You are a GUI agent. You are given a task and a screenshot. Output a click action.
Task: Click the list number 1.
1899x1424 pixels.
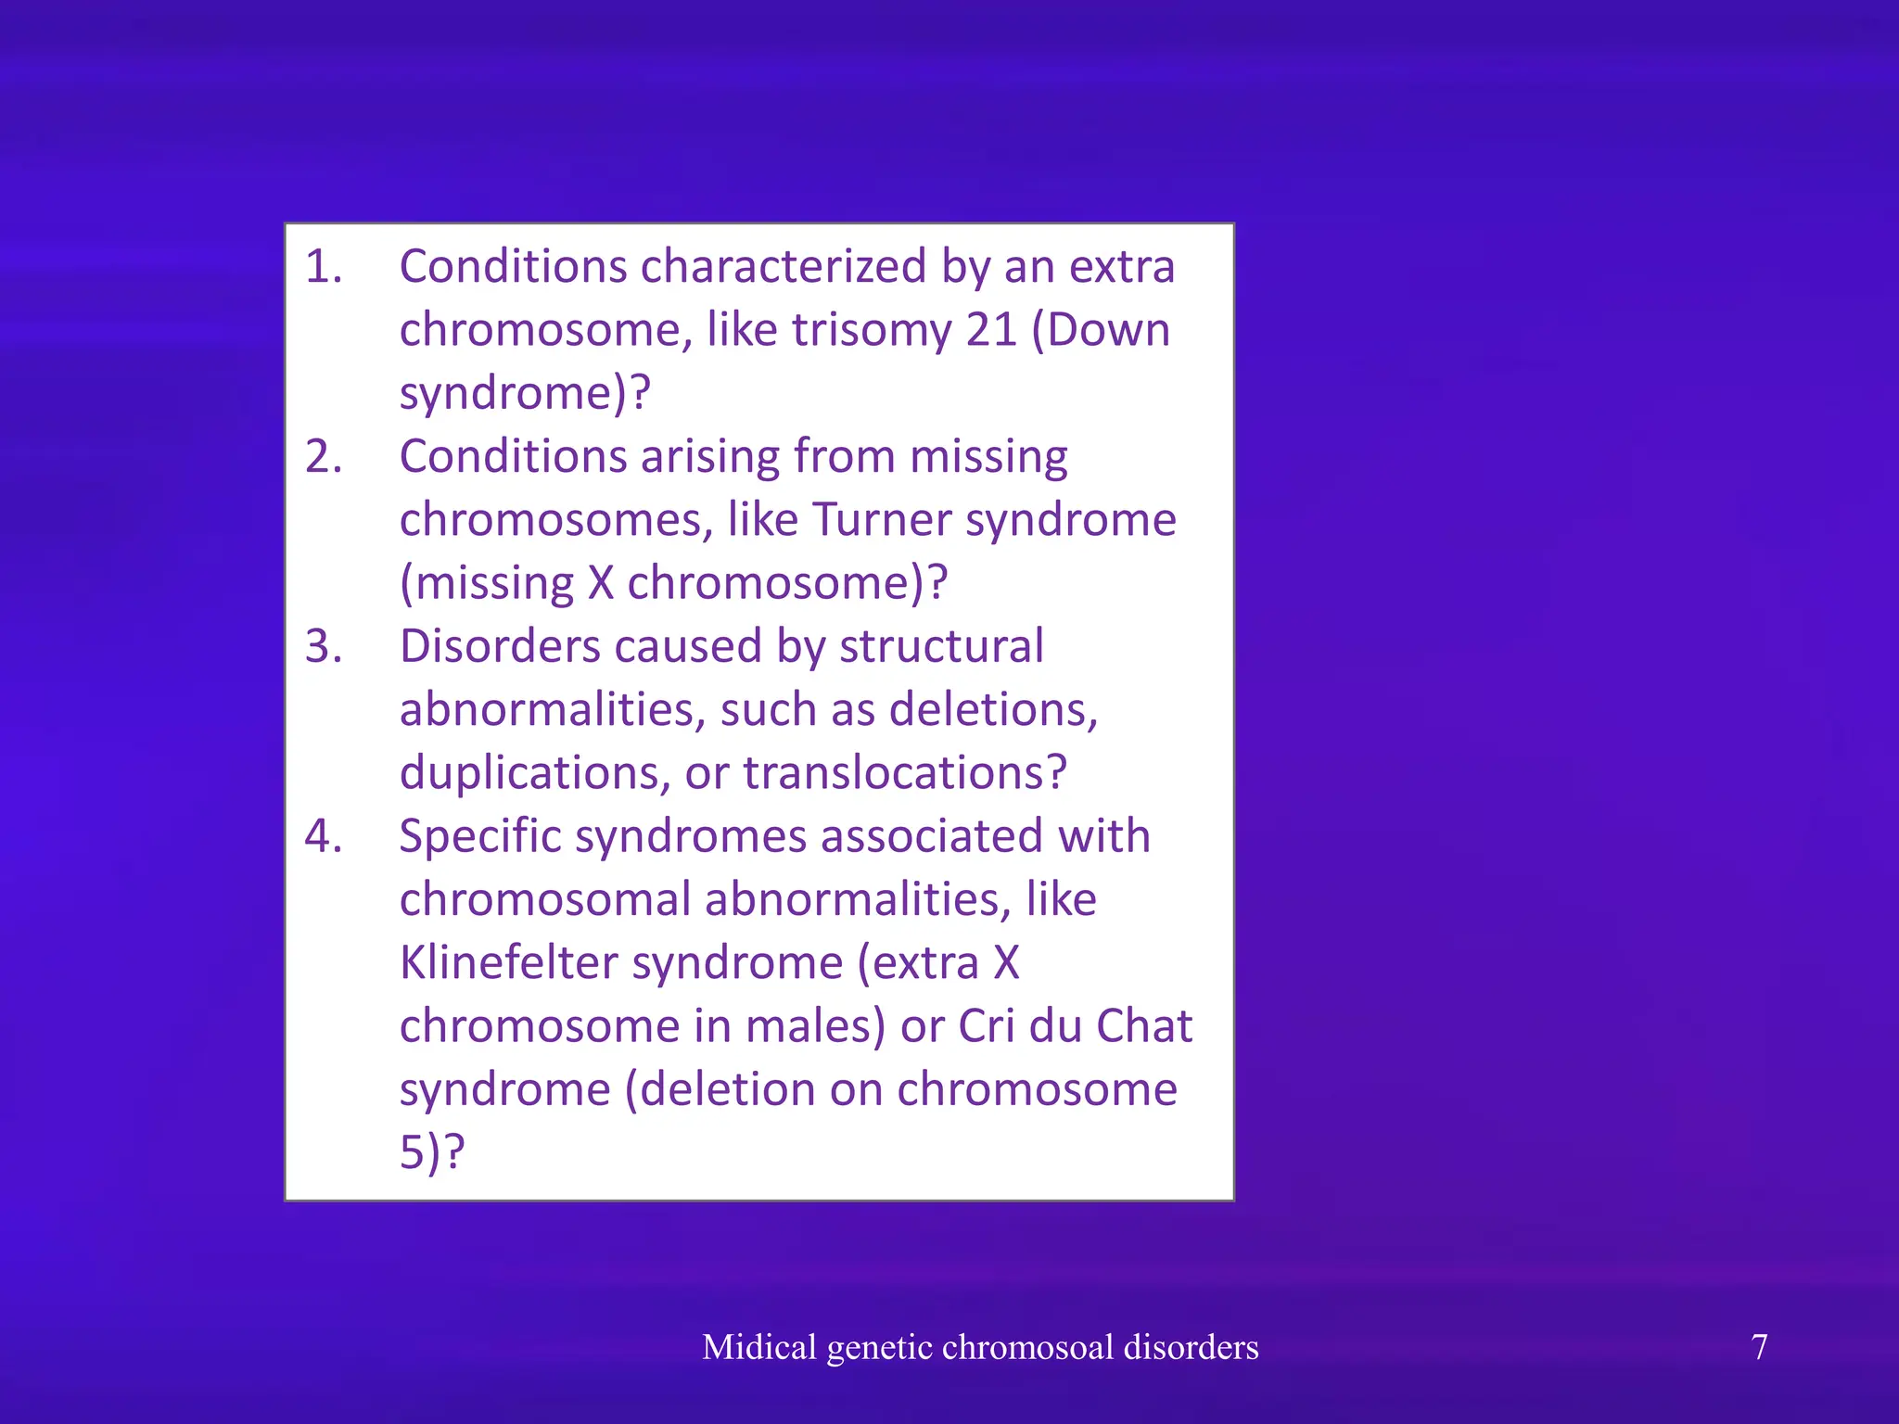pos(323,268)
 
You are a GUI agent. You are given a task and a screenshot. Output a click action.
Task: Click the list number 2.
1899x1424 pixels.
pos(323,458)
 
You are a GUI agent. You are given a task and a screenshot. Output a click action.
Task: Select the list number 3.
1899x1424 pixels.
pos(323,648)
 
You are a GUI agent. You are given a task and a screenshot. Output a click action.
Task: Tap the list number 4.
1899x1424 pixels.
pos(323,837)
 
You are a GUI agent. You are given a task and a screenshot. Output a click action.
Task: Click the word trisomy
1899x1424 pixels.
pos(870,331)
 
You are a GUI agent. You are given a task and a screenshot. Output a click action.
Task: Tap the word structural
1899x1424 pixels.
pos(941,646)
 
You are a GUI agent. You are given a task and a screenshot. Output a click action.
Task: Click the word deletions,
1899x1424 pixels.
pos(993,710)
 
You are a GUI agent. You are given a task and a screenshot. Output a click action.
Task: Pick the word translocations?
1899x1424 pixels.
pos(905,773)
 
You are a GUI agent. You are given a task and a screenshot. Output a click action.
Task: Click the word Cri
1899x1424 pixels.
pos(986,1026)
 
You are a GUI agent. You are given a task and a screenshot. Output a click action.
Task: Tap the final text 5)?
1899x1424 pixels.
pos(432,1153)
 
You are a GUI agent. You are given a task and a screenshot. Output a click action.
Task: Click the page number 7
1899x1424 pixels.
pos(1759,1347)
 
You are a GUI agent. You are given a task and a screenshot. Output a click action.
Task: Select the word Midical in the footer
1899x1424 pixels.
pos(759,1347)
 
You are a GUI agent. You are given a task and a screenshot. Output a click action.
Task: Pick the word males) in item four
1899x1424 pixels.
pos(816,1026)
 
